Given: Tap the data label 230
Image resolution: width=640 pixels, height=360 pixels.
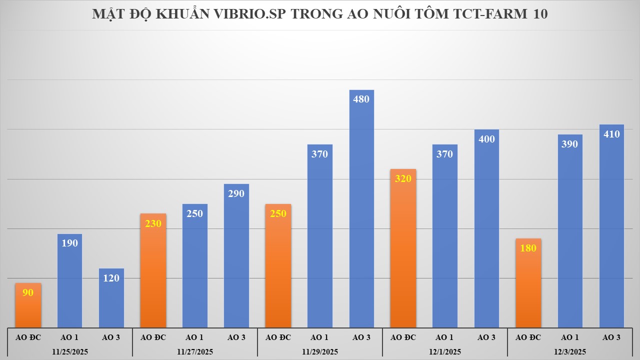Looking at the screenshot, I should click(x=153, y=223).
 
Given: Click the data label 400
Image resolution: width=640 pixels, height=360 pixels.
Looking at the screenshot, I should click(x=486, y=139).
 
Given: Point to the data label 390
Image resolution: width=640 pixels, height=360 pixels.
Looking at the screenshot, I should click(x=569, y=144).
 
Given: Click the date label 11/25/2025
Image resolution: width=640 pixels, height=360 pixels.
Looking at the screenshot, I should click(x=70, y=351).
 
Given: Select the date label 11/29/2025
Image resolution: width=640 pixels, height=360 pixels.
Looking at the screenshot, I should click(x=320, y=351).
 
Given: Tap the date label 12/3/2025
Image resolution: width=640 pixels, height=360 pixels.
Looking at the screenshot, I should click(x=570, y=351).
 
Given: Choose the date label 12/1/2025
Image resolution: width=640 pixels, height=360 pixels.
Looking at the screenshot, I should click(x=445, y=351).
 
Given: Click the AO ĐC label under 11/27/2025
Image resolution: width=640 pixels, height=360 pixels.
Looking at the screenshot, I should click(x=153, y=337).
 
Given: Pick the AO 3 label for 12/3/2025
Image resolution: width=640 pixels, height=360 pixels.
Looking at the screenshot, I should click(x=611, y=337).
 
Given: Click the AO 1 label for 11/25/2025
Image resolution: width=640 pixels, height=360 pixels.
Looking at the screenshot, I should click(x=69, y=337).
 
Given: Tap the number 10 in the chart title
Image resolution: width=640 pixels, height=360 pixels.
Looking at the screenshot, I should click(x=540, y=14).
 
